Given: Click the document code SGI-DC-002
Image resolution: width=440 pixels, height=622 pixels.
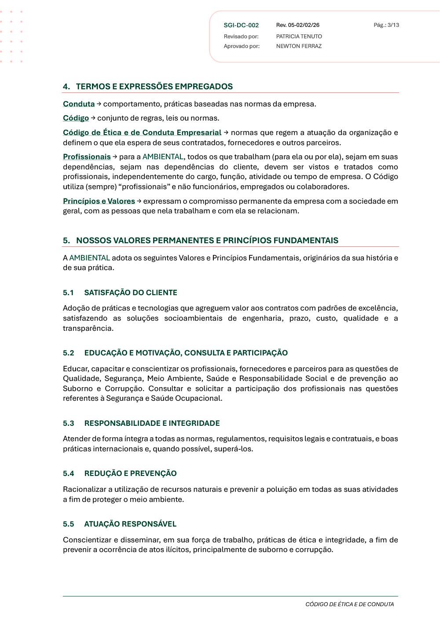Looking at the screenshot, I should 241,26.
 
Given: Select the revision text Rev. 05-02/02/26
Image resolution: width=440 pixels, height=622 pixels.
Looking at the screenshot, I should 298,26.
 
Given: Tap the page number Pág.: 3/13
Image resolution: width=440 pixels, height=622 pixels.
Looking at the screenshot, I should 386,25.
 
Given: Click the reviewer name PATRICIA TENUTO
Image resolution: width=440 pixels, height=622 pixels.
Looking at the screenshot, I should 299,37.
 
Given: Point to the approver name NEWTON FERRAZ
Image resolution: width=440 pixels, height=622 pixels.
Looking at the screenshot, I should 299,46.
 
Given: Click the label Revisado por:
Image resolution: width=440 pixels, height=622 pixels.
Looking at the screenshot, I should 241,37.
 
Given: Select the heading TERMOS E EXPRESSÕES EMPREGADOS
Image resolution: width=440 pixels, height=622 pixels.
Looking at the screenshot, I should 154,87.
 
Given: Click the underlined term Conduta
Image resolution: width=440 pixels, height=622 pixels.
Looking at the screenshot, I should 79,104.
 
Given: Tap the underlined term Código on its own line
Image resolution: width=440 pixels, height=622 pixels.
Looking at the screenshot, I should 76,118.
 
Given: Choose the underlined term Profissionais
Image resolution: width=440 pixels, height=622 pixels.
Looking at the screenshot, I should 87,157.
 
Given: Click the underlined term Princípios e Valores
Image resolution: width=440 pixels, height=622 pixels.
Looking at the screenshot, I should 99,201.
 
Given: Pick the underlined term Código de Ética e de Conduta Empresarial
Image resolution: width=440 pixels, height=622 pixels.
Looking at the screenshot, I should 142,133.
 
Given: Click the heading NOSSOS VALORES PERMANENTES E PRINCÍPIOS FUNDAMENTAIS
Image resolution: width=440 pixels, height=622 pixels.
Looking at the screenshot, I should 207,241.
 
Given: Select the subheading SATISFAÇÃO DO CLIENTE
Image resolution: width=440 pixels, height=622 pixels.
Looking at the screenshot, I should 131,293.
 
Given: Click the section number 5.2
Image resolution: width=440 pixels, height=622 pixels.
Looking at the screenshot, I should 69,353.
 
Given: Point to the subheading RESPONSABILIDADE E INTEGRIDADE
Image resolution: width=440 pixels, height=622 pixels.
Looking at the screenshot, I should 152,424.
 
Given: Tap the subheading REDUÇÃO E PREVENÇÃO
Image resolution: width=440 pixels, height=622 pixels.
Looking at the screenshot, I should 130,474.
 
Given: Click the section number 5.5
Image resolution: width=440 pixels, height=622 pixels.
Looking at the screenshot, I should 69,524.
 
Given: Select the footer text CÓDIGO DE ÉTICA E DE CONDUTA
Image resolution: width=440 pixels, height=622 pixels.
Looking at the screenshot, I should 350,604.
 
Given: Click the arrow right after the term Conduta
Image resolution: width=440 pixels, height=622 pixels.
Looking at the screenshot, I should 99,104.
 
